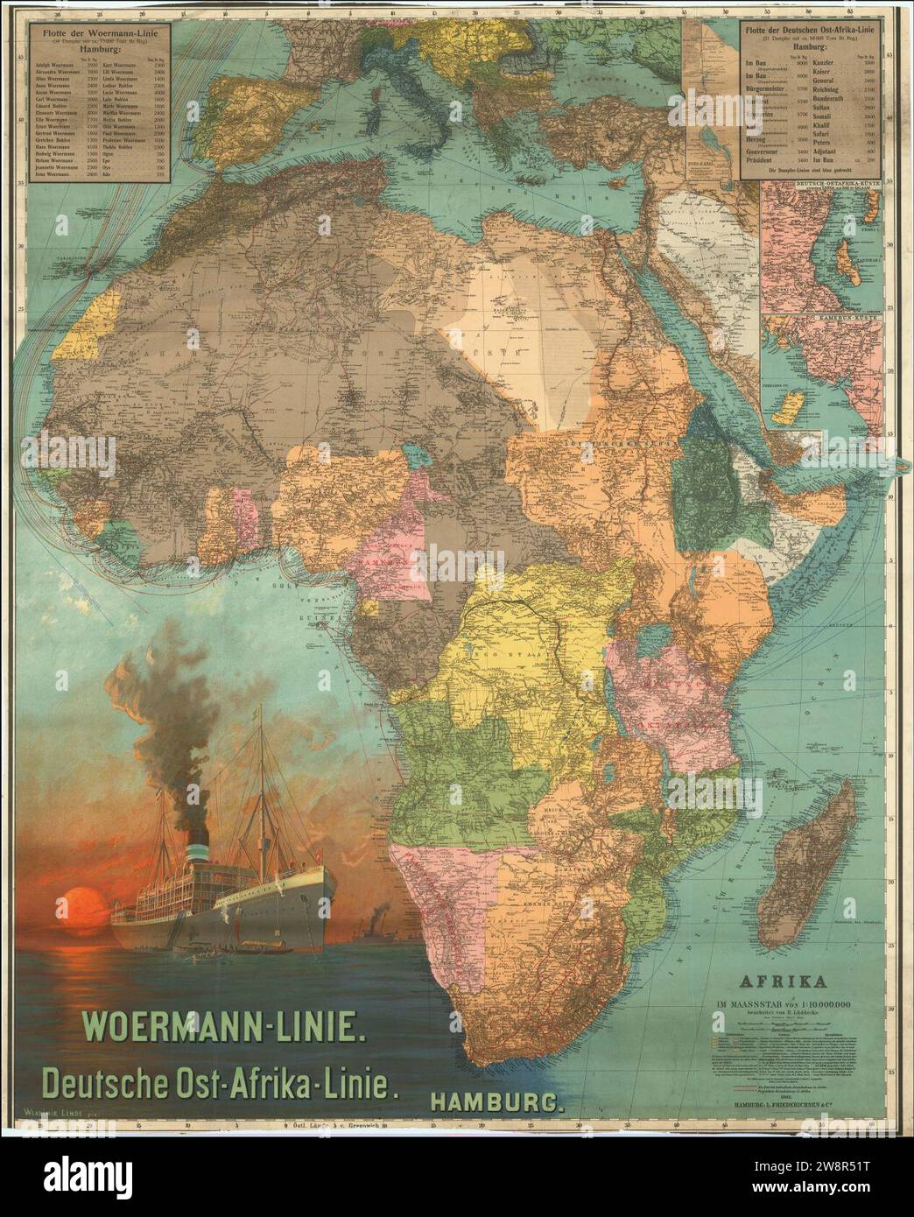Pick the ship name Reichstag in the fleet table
(832, 89)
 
